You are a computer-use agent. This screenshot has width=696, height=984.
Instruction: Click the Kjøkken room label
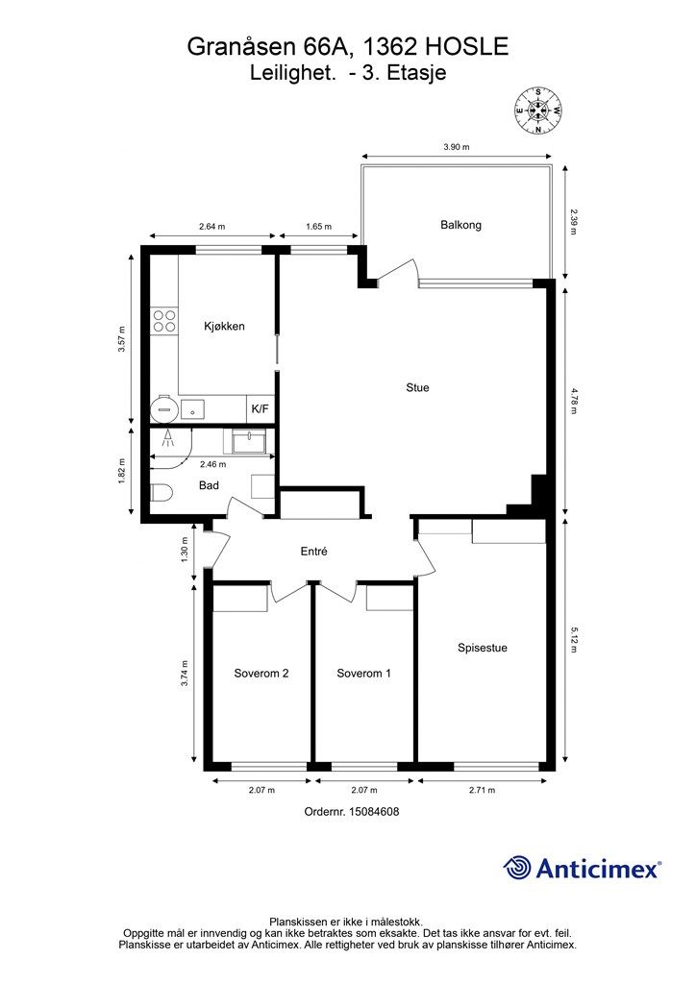click(x=224, y=327)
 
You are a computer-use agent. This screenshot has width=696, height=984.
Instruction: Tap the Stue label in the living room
click(x=417, y=388)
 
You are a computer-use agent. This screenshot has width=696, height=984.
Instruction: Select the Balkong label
click(x=460, y=225)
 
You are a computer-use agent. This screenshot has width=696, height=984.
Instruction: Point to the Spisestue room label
click(x=482, y=648)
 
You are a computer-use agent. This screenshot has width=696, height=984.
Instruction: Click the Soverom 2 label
click(x=261, y=674)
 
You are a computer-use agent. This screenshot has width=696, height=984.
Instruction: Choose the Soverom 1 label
click(x=364, y=674)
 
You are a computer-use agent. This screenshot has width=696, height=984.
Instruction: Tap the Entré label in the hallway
click(x=313, y=552)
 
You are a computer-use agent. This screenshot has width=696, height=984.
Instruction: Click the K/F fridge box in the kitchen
click(x=260, y=409)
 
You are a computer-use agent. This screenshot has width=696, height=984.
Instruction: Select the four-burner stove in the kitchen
click(x=164, y=321)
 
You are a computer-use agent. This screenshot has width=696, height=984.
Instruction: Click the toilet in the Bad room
click(x=161, y=493)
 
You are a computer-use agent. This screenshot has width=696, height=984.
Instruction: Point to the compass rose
click(x=537, y=111)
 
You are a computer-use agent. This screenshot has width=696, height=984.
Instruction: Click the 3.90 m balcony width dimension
click(x=457, y=147)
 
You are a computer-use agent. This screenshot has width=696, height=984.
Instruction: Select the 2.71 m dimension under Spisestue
click(x=482, y=790)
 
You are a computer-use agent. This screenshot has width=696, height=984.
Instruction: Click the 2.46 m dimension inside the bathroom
click(x=212, y=464)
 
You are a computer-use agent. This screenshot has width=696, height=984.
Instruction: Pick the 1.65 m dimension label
click(x=319, y=227)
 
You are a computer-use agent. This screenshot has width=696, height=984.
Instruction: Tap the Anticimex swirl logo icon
click(x=517, y=869)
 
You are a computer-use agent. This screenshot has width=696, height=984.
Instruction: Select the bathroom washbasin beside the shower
click(x=250, y=441)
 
